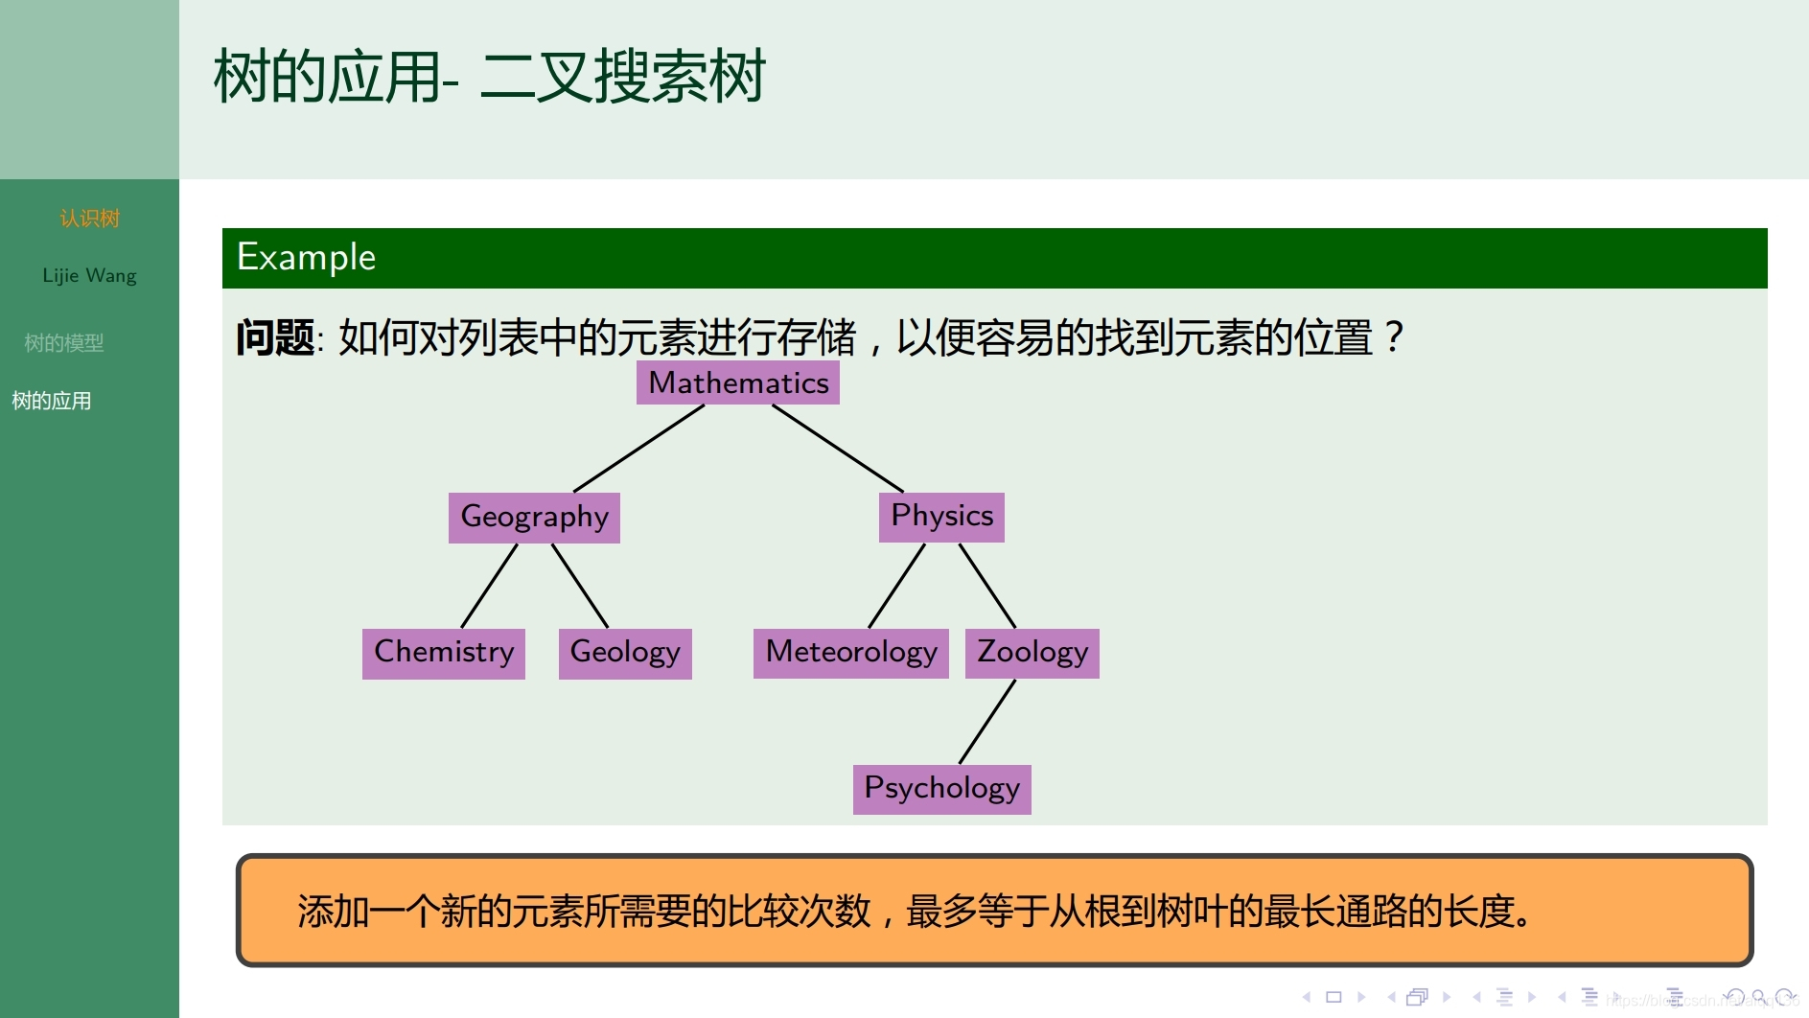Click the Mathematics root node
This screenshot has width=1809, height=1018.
tap(737, 382)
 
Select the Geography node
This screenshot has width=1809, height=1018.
tap(534, 517)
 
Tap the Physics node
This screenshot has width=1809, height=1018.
tap(941, 517)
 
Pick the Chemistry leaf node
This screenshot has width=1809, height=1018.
tap(443, 653)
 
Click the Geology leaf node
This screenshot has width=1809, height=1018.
tap(624, 653)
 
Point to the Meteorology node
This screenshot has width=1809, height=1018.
tap(850, 653)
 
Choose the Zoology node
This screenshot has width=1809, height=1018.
tap(1032, 653)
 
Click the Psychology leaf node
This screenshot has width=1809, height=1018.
tap(941, 789)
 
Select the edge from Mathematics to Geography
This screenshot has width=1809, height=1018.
tap(638, 449)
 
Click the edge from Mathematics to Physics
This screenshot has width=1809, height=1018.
tap(837, 448)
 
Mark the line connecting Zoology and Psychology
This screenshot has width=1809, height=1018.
tap(986, 722)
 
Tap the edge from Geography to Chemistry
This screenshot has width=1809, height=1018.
tap(489, 586)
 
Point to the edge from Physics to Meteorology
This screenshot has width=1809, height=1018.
tap(896, 586)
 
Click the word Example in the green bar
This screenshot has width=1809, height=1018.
tap(306, 257)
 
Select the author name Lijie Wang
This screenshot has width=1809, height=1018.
tap(89, 276)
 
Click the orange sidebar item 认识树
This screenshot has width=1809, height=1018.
tap(89, 219)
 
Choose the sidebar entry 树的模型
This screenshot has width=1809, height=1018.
tap(63, 343)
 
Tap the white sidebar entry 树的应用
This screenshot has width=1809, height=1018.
tap(52, 401)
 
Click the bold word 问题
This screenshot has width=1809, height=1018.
tap(275, 338)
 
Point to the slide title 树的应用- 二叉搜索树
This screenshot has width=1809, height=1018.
tap(489, 77)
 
